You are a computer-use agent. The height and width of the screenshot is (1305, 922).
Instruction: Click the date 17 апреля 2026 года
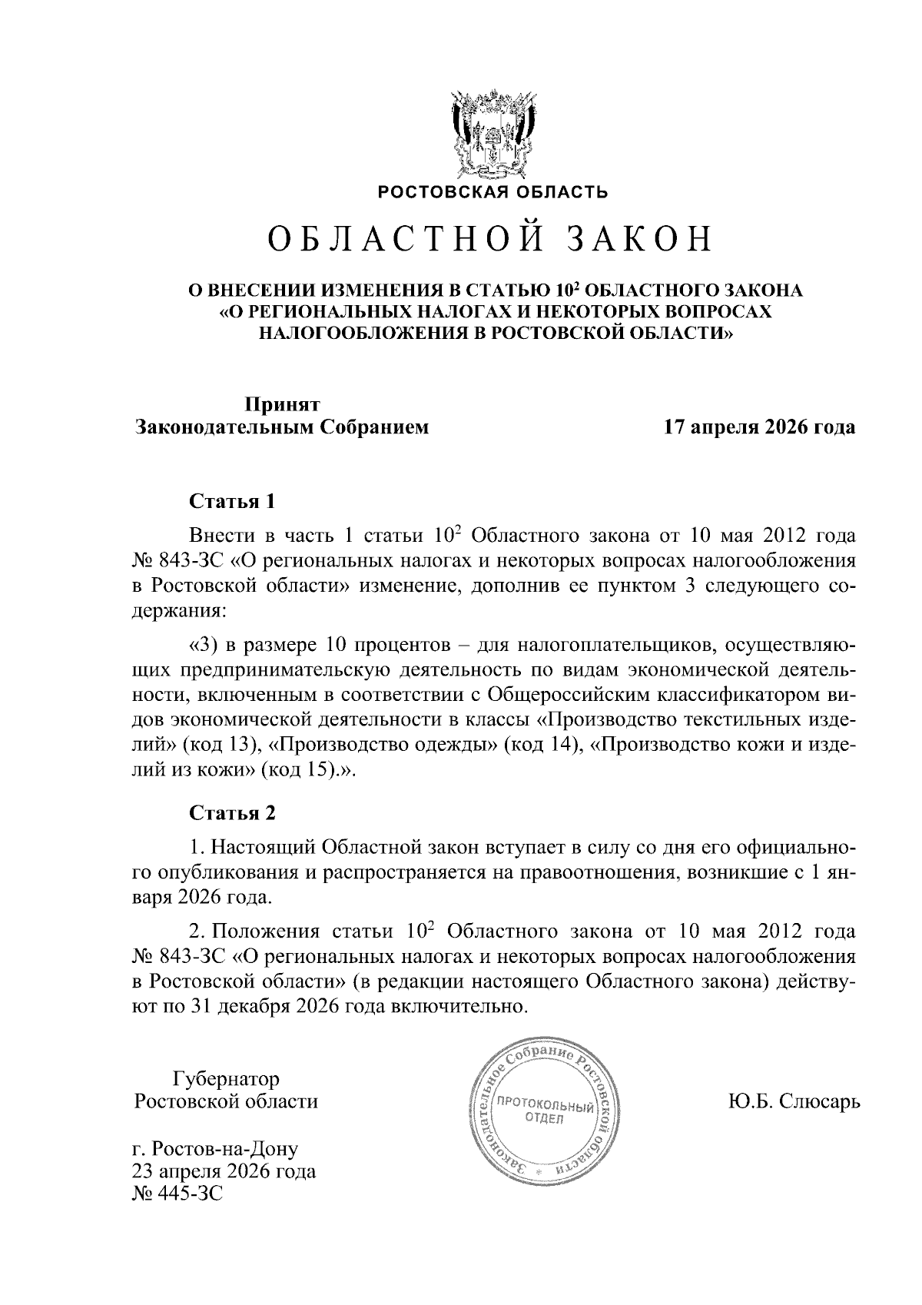tap(759, 427)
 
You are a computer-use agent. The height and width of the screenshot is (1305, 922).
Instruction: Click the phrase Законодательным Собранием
tap(282, 427)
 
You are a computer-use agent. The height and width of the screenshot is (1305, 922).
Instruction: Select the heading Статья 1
tap(231, 502)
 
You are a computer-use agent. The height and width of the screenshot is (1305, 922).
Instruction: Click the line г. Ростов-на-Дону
tap(215, 1150)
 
